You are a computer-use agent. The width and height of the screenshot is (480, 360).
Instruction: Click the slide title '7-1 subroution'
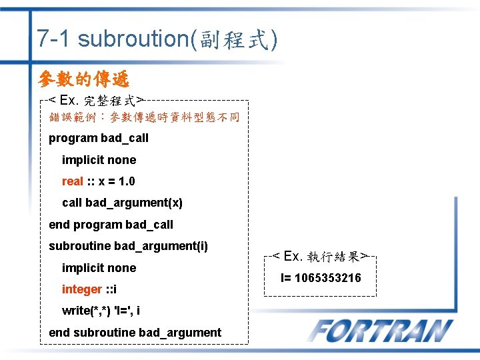pos(113,39)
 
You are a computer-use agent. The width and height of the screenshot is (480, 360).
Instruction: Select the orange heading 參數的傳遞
pos(84,79)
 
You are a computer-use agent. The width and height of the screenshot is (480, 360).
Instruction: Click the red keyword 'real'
pos(72,181)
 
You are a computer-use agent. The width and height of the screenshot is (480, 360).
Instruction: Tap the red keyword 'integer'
pos(81,289)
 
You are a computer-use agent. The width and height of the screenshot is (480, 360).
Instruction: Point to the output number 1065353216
pos(328,277)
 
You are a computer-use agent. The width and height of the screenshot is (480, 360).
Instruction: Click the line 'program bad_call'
pos(99,138)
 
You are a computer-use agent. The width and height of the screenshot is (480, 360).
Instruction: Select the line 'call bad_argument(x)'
pos(122,203)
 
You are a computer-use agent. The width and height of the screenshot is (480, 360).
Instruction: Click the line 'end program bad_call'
pos(111,225)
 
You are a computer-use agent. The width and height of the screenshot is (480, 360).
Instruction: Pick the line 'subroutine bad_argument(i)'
pos(128,246)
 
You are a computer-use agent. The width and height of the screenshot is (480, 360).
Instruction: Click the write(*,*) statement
pos(101,311)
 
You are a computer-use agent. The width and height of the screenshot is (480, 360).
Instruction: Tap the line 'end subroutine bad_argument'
pos(135,332)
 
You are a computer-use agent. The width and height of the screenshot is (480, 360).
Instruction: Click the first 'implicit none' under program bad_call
pos(99,160)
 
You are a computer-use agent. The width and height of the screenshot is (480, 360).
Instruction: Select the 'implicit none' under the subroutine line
pos(99,268)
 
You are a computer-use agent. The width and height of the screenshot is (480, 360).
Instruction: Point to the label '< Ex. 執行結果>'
pos(320,256)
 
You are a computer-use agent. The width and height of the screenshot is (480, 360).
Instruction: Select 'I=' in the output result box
pos(287,277)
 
